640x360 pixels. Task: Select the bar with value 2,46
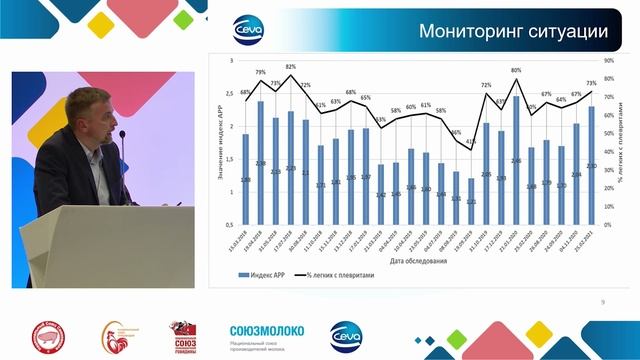(516, 160)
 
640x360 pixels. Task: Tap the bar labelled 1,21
(471, 202)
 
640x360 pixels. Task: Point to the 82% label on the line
(290, 66)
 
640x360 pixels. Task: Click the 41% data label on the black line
(471, 143)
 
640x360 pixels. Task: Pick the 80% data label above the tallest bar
(516, 71)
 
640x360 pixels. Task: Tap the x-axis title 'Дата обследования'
(412, 262)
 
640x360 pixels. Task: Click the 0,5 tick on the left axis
(230, 224)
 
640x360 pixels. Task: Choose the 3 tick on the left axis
(232, 62)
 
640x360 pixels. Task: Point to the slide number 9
(602, 301)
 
